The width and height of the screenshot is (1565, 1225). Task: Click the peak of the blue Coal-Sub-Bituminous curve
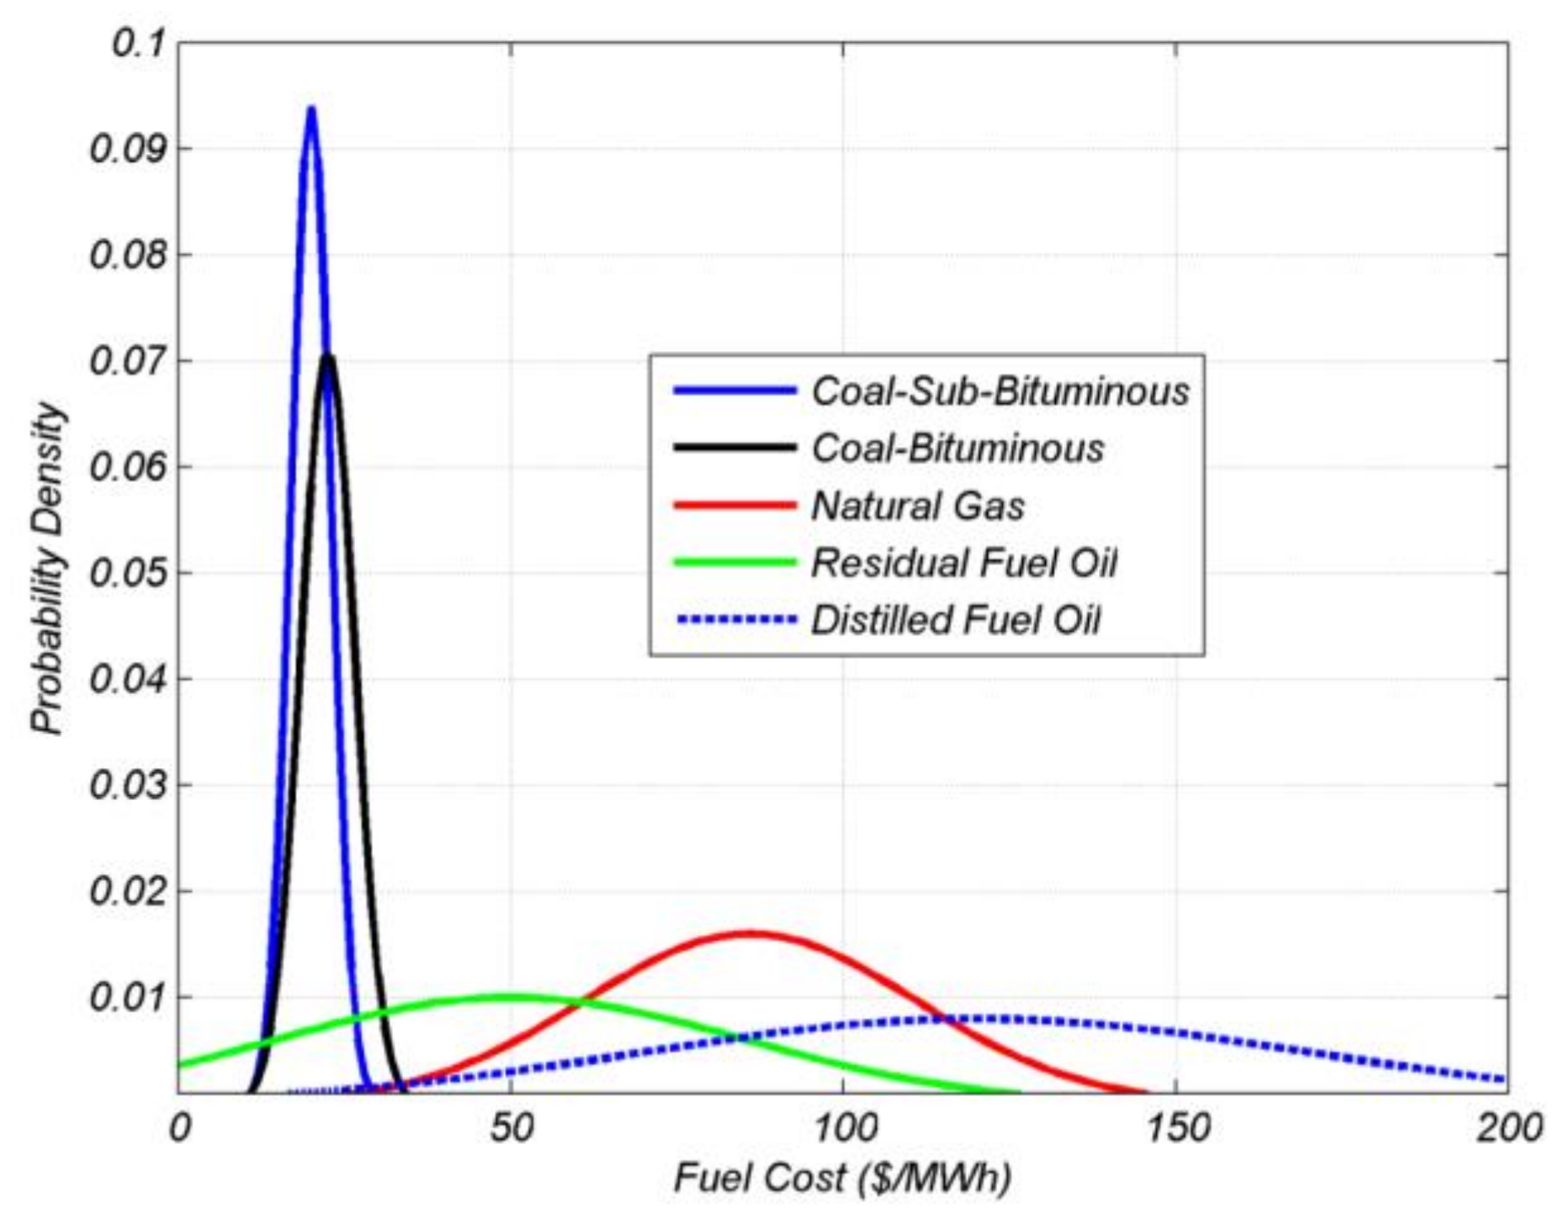click(311, 109)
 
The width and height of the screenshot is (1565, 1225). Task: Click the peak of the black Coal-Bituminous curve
click(328, 357)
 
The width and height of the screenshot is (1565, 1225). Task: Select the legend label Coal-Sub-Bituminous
click(1000, 391)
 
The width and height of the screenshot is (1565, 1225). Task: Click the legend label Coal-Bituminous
click(958, 448)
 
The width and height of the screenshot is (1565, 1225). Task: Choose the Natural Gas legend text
click(918, 506)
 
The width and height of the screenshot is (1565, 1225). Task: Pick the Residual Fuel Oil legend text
click(964, 563)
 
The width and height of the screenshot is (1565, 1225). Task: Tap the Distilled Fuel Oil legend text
click(956, 620)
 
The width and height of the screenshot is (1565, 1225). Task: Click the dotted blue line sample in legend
click(735, 620)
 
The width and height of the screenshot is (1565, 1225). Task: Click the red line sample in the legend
click(735, 506)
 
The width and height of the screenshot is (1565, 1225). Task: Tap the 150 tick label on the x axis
click(1175, 1128)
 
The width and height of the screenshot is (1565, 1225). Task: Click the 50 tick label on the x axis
click(511, 1128)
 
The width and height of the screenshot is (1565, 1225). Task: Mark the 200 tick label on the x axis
click(1508, 1128)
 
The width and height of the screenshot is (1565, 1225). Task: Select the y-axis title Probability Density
click(48, 569)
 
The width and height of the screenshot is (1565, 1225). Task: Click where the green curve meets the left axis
click(180, 1065)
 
